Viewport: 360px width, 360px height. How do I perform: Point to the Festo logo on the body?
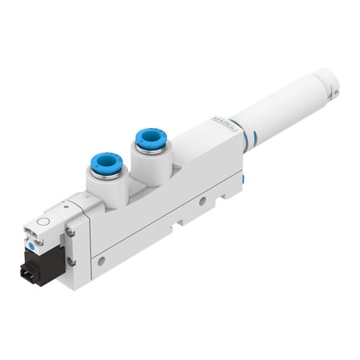pos(212,124)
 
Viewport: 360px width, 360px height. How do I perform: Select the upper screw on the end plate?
pos(70,231)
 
